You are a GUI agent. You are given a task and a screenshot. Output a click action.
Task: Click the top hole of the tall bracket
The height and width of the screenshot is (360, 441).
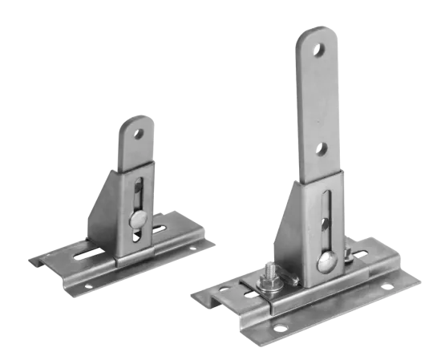click(320, 50)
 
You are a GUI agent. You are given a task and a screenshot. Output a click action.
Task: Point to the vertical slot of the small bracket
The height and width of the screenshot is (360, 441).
click(138, 196)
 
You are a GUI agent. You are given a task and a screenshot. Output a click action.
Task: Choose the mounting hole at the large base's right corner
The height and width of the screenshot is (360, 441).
click(404, 283)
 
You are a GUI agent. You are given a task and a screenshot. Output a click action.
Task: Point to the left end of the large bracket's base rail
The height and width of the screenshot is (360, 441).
click(210, 296)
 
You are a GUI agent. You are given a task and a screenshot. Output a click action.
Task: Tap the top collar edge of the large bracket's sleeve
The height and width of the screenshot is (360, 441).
click(320, 183)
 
